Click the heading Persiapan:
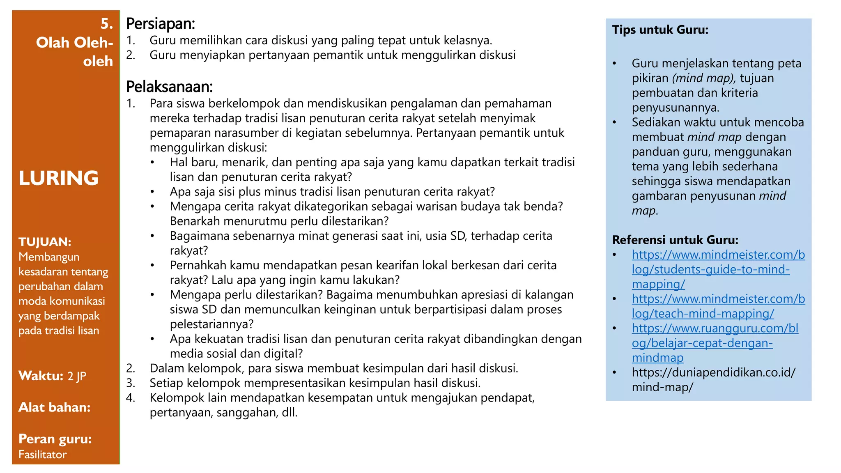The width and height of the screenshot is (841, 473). click(160, 24)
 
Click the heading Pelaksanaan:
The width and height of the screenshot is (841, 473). click(169, 87)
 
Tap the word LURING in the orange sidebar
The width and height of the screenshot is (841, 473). click(59, 178)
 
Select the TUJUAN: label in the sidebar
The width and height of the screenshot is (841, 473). click(45, 242)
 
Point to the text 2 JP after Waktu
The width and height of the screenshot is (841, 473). click(77, 376)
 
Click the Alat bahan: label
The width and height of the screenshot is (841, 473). click(54, 407)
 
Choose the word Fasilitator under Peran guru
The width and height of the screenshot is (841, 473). click(42, 455)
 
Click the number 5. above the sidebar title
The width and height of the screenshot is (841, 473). click(107, 24)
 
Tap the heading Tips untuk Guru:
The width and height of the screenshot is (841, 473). click(660, 30)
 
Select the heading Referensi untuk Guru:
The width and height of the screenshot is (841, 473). click(675, 240)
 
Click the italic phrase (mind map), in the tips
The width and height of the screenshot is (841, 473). click(704, 78)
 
